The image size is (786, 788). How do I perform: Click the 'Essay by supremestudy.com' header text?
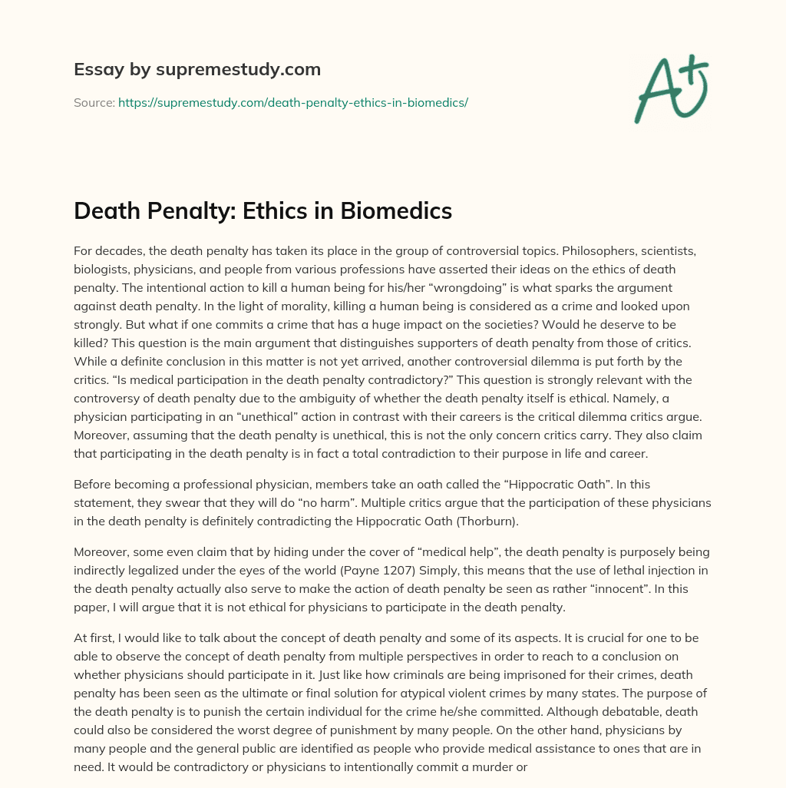(197, 70)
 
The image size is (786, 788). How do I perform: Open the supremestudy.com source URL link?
(292, 102)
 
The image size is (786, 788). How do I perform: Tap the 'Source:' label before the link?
(94, 102)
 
